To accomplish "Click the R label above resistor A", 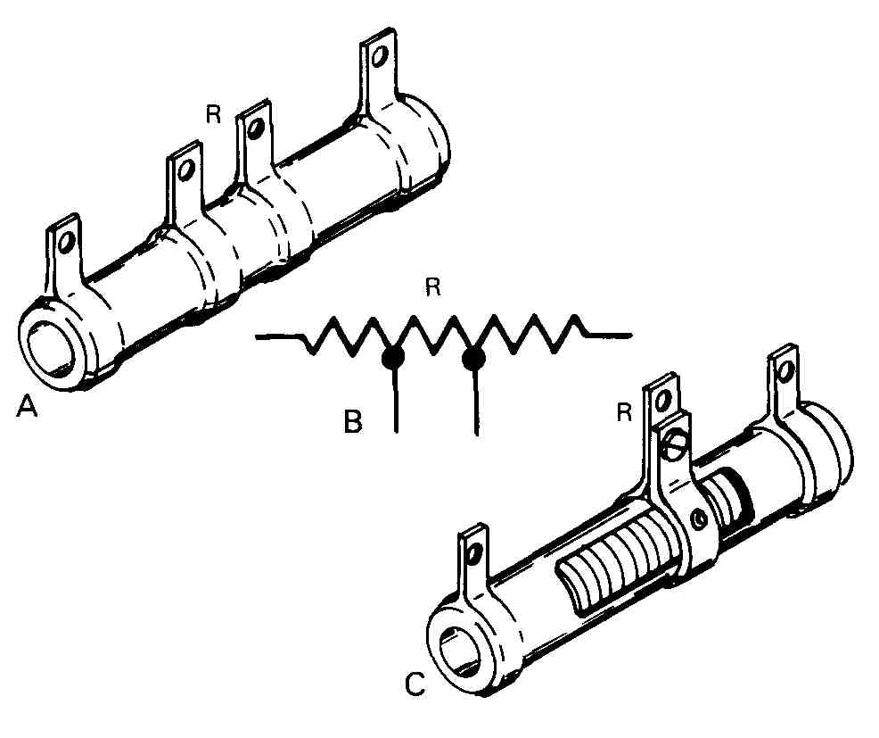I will click(x=213, y=114).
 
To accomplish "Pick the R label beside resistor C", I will click(x=625, y=412).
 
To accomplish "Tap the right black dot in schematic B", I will click(x=473, y=359).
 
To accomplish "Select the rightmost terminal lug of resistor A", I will click(x=379, y=71).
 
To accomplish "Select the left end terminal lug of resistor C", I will click(x=472, y=563).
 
